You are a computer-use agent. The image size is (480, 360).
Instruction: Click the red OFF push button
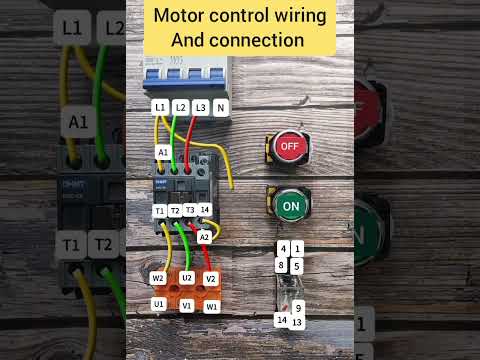(x=288, y=146)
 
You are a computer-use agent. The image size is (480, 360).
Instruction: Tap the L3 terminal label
(x=202, y=106)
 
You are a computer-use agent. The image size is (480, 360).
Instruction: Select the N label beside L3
(x=221, y=106)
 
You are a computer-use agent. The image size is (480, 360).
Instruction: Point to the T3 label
(x=190, y=210)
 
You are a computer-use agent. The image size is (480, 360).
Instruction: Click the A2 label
(x=204, y=236)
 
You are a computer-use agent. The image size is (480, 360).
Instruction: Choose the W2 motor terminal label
(x=158, y=278)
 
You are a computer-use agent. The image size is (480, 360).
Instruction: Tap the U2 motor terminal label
(x=187, y=277)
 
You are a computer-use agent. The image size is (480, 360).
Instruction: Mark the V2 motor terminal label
(x=211, y=278)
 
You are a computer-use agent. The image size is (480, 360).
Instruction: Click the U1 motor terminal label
(x=158, y=304)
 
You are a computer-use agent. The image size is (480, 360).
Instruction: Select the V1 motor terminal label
(x=187, y=306)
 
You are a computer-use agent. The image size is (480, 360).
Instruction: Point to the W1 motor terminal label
(x=212, y=306)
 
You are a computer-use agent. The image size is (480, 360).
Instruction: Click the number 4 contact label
(x=284, y=247)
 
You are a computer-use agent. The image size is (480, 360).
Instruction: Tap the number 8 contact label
(x=282, y=265)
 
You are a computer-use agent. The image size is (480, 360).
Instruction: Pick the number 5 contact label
(x=297, y=265)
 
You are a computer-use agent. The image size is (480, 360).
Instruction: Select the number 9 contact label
(x=298, y=307)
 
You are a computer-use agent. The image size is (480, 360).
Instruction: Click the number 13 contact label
(x=297, y=321)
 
